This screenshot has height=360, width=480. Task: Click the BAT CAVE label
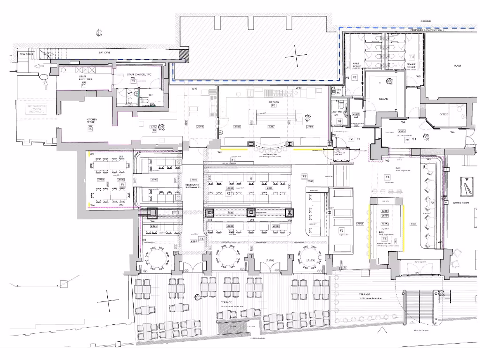click(x=104, y=53)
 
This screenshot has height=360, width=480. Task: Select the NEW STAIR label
click(x=26, y=54)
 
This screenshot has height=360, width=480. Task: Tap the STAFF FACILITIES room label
click(x=85, y=78)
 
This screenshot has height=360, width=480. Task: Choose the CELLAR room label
click(x=383, y=99)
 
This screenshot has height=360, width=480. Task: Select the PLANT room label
click(x=457, y=66)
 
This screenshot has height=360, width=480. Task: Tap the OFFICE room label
click(x=443, y=114)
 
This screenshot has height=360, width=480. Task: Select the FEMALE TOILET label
click(x=411, y=66)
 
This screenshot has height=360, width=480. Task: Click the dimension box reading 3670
click(x=385, y=216)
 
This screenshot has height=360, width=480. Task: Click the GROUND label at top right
click(x=426, y=21)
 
